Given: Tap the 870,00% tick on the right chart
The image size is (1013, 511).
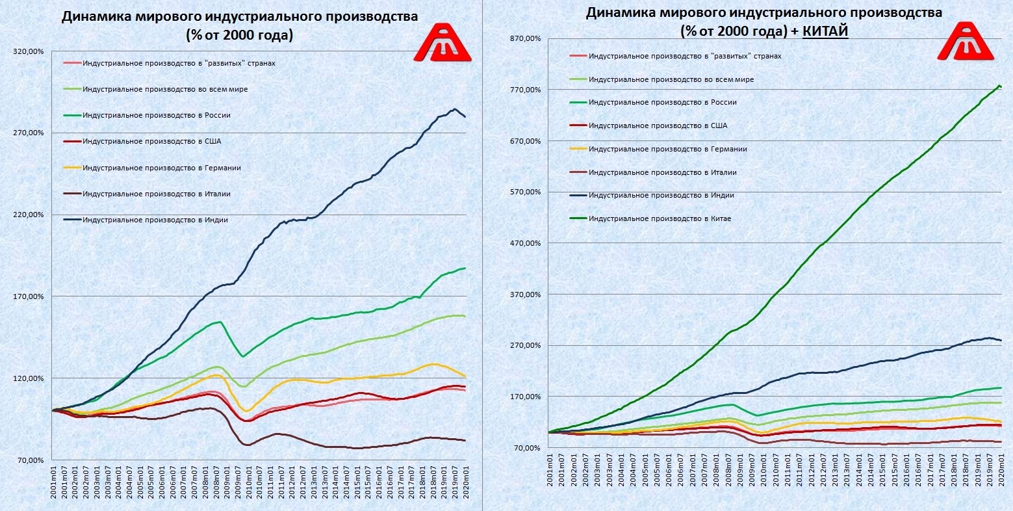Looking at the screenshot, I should [527, 38].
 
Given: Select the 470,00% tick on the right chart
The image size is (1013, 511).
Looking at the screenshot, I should [527, 243].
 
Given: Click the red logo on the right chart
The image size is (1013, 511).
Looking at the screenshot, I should [966, 42].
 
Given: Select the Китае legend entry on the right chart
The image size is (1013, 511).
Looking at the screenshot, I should [660, 218].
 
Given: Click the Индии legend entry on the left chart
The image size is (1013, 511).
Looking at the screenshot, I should [155, 220].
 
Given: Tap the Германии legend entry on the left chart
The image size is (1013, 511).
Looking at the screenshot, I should [162, 168].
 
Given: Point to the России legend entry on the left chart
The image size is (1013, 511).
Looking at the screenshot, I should [157, 115].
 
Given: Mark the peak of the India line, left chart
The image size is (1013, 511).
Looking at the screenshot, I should [455, 109].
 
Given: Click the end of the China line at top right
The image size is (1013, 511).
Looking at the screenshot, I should [1001, 86].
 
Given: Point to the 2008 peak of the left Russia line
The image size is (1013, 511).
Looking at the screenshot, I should [221, 322].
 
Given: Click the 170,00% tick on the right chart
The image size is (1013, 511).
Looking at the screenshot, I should [527, 397].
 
